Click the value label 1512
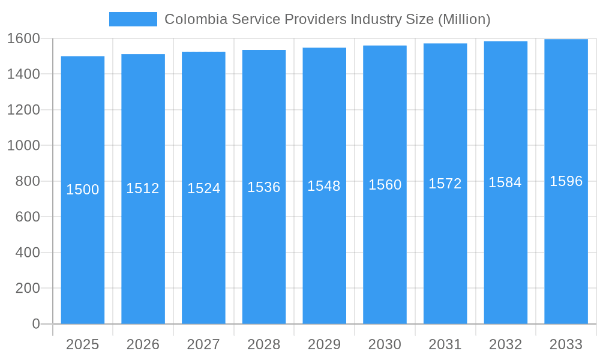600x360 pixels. point(143,188)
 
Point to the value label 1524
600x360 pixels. point(204,188)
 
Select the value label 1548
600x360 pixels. point(324,186)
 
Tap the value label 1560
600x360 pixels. point(385,185)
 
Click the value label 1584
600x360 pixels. point(505,182)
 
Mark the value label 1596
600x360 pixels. point(566,181)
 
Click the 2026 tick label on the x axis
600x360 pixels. point(143,344)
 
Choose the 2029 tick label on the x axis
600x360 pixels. point(324,344)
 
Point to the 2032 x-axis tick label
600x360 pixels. point(505,344)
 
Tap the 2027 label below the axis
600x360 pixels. point(203,344)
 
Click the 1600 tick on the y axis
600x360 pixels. point(23,38)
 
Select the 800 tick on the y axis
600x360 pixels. point(27,181)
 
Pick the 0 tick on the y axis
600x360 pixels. point(35,324)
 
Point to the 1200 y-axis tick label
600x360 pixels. point(23,110)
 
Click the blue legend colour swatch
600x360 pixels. point(133,19)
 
